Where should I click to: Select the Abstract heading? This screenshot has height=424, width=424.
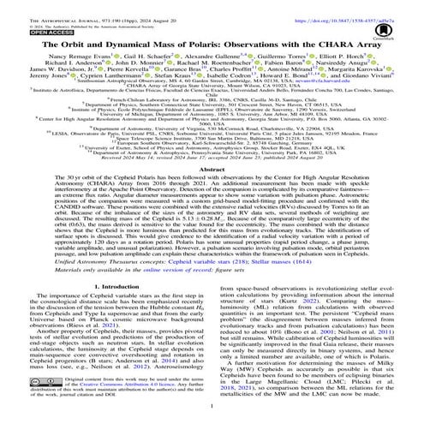(x=212, y=170)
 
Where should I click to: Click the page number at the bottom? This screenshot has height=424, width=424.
(x=212, y=415)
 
